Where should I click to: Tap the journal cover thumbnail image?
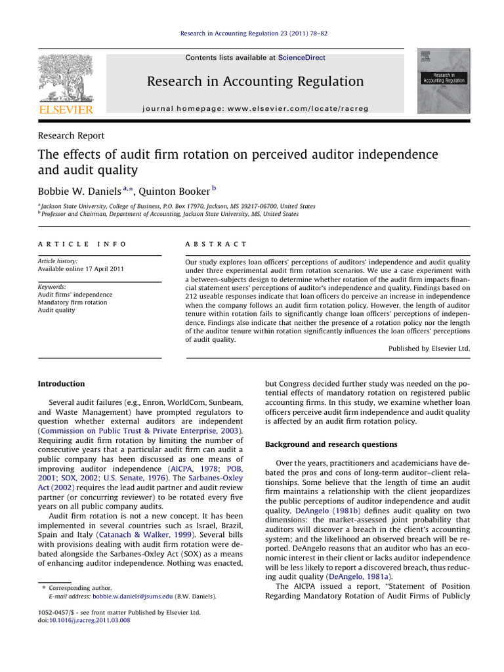coord(444,80)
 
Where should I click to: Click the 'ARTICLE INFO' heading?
coord(82,243)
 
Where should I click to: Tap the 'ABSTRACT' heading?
coord(217,243)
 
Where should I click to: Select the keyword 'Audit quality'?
coord(56,310)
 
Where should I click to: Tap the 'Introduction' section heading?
coord(61,384)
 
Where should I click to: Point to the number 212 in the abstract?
coord(194,296)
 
